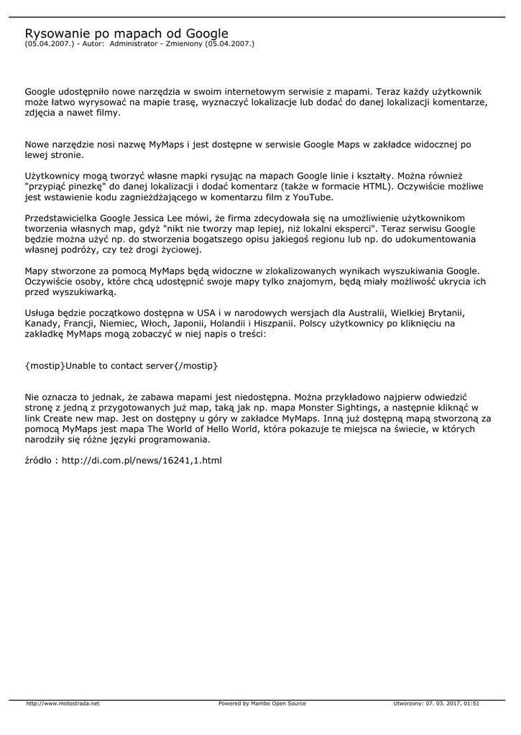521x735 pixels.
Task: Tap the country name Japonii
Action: [x=190, y=324]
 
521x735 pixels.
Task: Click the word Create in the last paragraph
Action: [x=63, y=418]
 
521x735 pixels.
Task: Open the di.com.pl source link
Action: [x=142, y=460]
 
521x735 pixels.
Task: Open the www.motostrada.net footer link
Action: [x=63, y=703]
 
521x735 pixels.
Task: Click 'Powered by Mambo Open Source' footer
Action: [x=262, y=703]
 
